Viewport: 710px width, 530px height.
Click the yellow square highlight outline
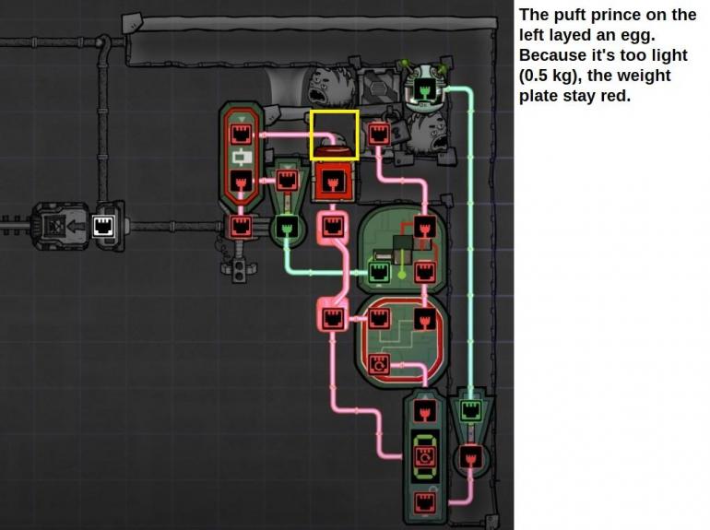click(x=311, y=135)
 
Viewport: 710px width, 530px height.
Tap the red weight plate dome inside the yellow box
click(x=334, y=151)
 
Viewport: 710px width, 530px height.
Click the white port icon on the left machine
click(x=103, y=225)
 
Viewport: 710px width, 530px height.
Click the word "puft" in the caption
click(x=566, y=16)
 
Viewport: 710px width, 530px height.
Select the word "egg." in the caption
click(x=639, y=35)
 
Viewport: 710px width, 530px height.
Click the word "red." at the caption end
click(x=615, y=96)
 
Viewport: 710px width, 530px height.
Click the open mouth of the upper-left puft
click(x=317, y=95)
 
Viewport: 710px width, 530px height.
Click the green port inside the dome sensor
click(x=424, y=88)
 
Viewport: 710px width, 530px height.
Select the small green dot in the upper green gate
click(x=402, y=275)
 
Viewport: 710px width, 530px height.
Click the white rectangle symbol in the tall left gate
click(x=242, y=157)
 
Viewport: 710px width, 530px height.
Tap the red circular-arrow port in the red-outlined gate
click(x=379, y=364)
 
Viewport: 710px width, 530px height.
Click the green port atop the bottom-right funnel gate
click(x=470, y=410)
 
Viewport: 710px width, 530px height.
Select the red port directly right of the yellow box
click(x=378, y=134)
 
